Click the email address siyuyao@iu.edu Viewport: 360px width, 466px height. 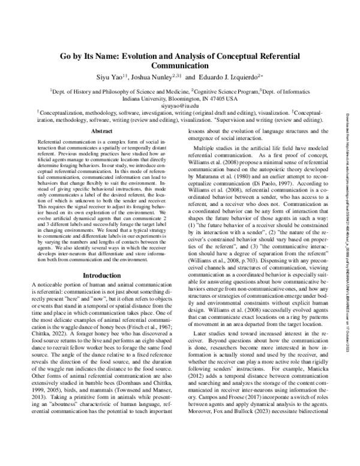pyautogui.click(x=179, y=105)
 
